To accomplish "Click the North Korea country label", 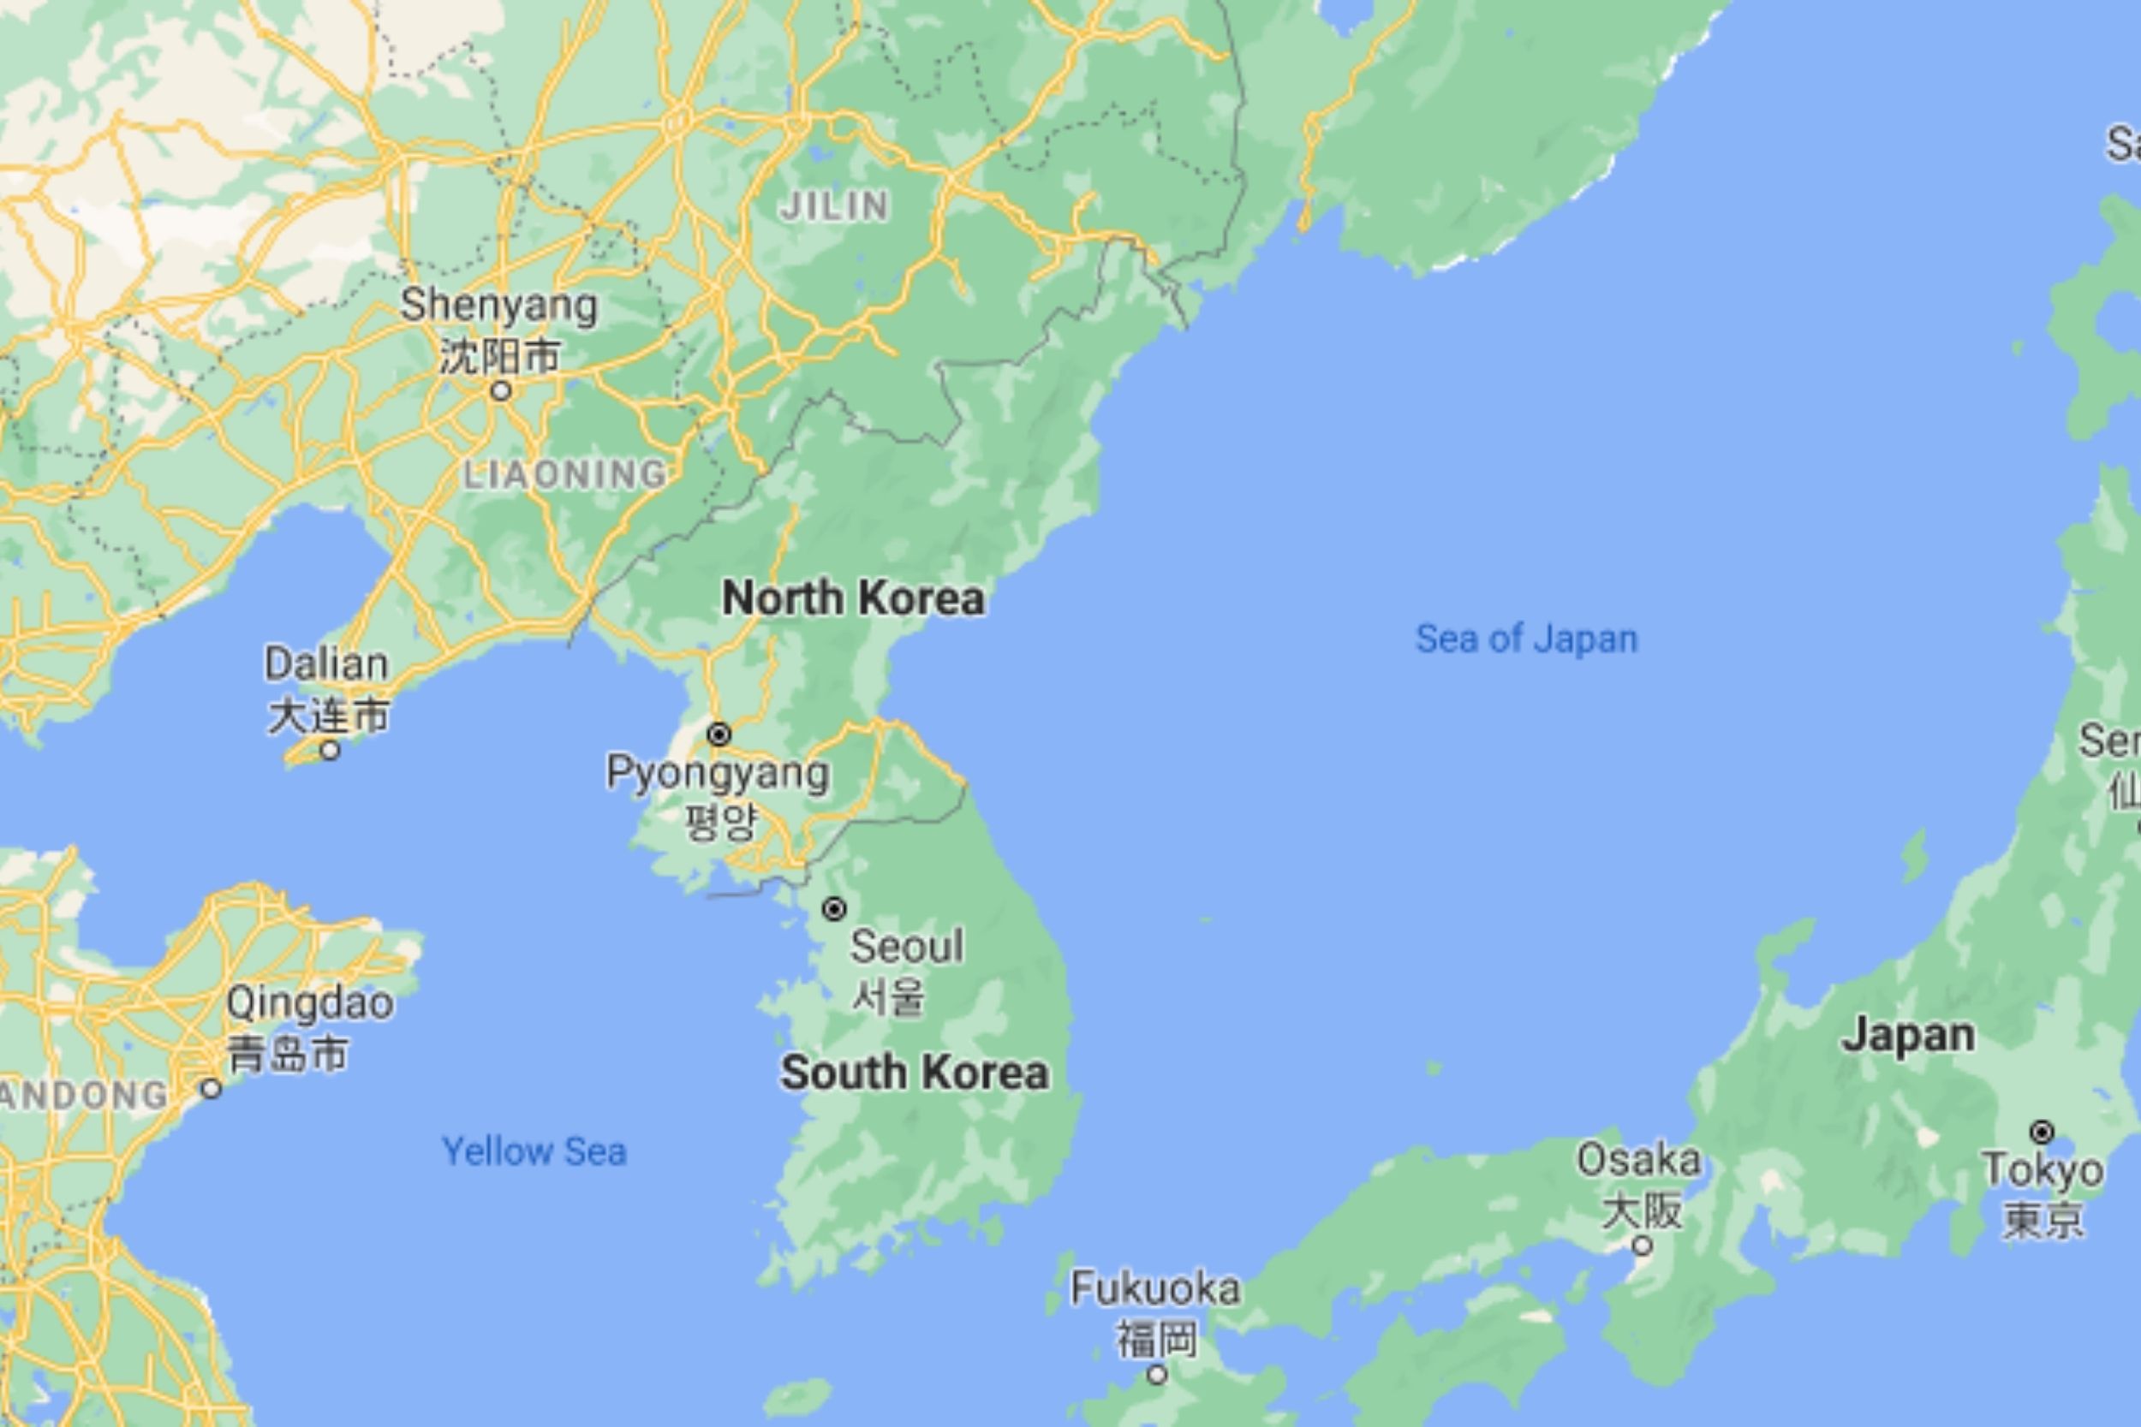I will coord(853,599).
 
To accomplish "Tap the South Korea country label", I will coord(914,1072).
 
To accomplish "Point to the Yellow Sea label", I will coord(534,1151).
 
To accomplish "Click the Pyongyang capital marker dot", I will coord(719,734).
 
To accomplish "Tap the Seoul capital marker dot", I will coord(834,908).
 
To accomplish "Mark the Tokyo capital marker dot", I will coord(2042,1133).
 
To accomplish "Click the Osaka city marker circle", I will coord(1641,1245).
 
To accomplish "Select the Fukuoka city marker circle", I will coord(1156,1374).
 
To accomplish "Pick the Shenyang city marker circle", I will coord(501,391).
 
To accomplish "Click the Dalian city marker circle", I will coord(331,751).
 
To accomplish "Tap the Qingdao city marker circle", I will coord(212,1089).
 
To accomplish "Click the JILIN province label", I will coord(834,206).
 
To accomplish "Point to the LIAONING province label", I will coord(564,474).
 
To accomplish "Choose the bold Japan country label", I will coord(1908,1036).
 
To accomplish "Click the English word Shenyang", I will coord(498,305).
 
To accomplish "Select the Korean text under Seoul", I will coord(888,996).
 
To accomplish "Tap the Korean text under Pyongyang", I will coord(720,821).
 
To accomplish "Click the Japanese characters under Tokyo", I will coord(2043,1220).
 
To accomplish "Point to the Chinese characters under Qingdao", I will coord(287,1054).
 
